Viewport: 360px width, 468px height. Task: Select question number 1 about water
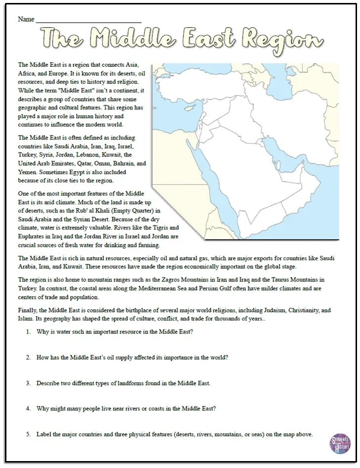click(114, 332)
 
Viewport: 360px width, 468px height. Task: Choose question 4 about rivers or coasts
click(126, 409)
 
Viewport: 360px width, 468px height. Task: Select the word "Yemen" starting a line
click(27, 172)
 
